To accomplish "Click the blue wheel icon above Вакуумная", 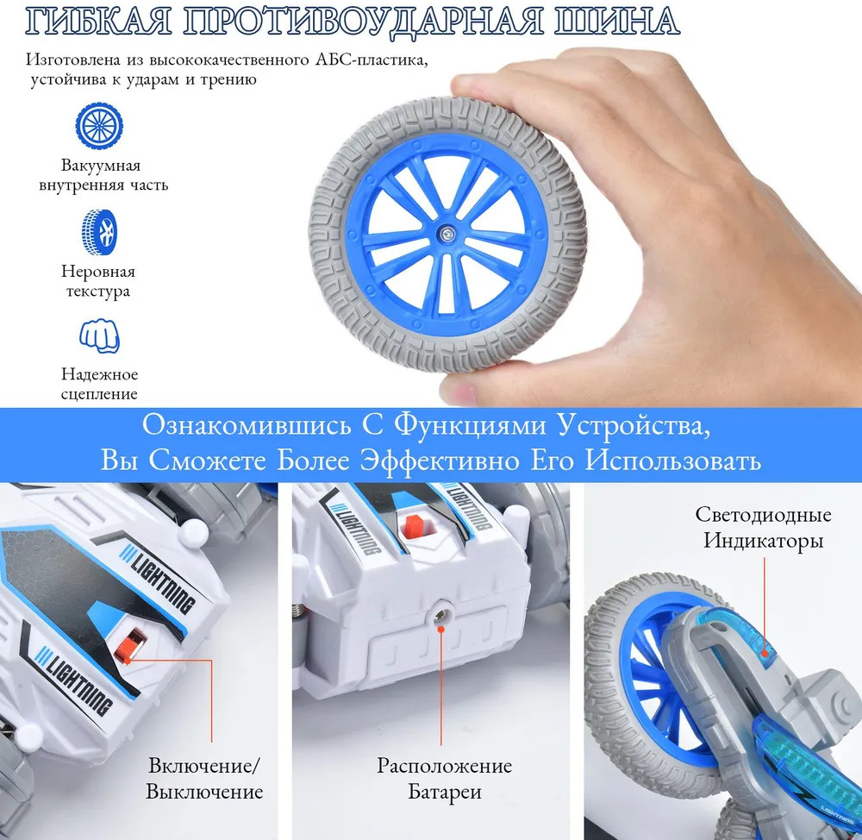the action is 99,126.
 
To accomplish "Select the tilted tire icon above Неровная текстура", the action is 99,232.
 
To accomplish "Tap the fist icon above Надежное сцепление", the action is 99,336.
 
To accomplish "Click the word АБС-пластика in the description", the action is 372,60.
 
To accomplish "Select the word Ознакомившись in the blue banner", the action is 247,425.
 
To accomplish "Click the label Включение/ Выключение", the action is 204,779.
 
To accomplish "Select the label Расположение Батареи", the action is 444,779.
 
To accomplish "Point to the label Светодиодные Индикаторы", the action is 763,527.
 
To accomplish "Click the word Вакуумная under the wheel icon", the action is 101,165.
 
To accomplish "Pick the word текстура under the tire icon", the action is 98,291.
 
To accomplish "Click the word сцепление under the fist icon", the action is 99,394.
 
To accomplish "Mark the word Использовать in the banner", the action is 673,461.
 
